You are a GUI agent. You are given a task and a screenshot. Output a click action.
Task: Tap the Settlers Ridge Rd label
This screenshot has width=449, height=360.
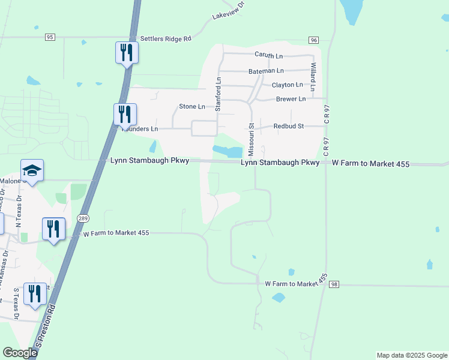[166, 38]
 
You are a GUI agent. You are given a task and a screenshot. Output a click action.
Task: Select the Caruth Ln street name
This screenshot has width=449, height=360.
[268, 55]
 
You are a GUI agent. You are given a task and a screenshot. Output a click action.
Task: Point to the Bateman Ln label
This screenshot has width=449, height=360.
[266, 71]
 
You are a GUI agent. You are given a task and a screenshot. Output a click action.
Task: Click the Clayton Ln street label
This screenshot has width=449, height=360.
[287, 85]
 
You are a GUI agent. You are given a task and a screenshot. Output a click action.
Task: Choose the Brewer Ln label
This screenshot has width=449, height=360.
[291, 99]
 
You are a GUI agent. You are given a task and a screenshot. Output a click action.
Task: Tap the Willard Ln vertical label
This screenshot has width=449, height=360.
[313, 74]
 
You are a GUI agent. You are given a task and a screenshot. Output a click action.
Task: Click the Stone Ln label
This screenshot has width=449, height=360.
[192, 106]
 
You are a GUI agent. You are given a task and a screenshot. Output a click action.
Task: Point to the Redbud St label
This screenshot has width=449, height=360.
[289, 126]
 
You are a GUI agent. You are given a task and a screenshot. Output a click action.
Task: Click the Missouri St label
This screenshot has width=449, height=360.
[252, 139]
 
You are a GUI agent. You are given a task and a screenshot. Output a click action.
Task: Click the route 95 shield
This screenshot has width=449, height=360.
[50, 37]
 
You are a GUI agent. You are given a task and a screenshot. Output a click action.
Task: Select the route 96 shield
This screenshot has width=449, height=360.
[313, 40]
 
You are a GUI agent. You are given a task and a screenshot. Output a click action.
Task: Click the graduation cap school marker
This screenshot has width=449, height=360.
[32, 170]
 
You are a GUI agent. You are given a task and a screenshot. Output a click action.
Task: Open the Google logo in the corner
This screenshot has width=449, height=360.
[20, 353]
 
